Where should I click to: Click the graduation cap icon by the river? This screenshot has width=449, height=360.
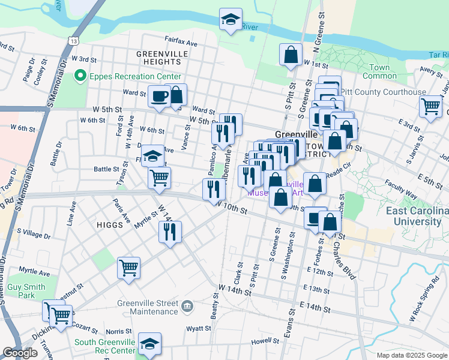231,20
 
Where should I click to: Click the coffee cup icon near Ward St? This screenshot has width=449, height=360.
160,96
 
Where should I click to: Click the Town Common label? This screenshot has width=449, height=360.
379,71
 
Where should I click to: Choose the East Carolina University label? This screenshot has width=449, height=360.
417,216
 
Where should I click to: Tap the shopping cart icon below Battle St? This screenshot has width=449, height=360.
159,178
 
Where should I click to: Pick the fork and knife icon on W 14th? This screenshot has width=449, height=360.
170,231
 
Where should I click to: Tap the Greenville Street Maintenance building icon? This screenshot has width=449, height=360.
188,307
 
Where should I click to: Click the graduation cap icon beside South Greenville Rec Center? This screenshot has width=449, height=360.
149,344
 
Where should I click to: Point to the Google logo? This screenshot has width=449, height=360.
20,353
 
